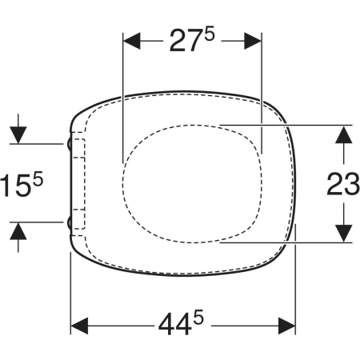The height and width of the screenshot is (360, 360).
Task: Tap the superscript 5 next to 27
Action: [x=210, y=35]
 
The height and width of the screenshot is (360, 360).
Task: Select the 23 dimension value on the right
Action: [x=343, y=184]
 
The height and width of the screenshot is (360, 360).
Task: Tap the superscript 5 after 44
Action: [x=198, y=317]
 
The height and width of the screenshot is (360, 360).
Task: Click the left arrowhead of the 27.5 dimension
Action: [x=131, y=41]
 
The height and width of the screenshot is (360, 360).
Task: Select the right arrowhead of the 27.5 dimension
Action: [x=253, y=41]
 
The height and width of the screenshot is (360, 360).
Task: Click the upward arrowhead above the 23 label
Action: [x=343, y=134]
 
